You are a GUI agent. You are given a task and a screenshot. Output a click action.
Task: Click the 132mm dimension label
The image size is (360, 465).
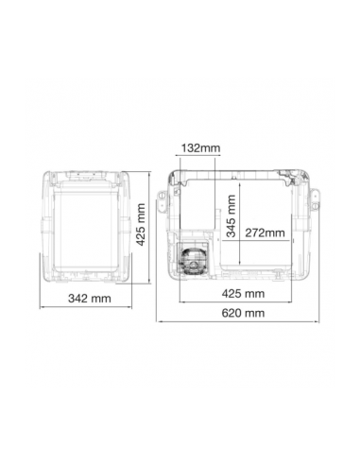click(x=200, y=147)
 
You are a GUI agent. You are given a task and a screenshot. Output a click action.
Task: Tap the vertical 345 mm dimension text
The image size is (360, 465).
click(x=231, y=215)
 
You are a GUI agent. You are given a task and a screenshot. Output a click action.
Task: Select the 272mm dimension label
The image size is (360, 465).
click(x=265, y=232)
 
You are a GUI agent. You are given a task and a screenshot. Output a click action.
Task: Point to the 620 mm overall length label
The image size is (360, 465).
click(x=243, y=313)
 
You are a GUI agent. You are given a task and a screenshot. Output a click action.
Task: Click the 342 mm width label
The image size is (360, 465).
click(x=90, y=298)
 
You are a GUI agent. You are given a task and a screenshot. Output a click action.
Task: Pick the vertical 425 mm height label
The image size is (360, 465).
click(x=140, y=224)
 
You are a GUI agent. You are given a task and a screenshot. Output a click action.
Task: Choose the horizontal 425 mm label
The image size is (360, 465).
click(x=243, y=294)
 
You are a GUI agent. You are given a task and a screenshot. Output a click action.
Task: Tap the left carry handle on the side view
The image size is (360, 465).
click(x=163, y=199)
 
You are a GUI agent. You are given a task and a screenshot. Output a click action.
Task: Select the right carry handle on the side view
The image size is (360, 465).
click(x=315, y=199)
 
